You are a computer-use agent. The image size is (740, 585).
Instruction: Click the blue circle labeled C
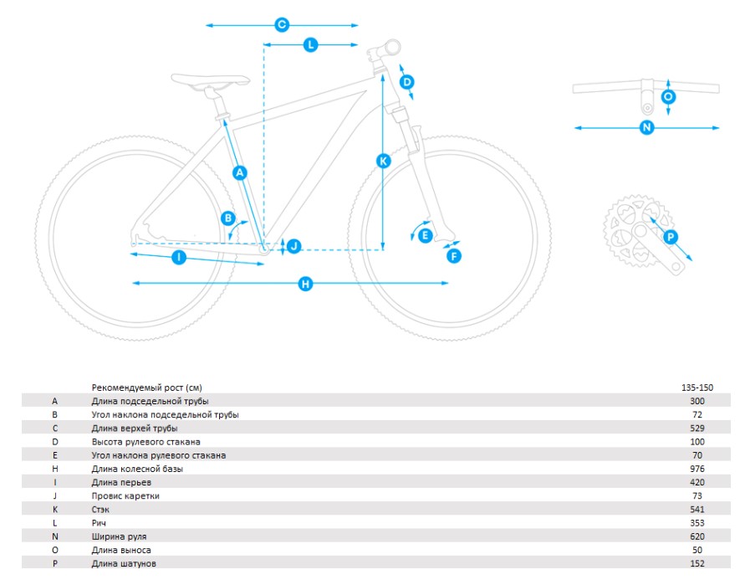[x=282, y=24]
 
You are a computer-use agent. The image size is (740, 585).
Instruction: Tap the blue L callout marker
[x=310, y=45]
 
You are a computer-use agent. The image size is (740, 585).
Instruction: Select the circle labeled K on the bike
[x=383, y=162]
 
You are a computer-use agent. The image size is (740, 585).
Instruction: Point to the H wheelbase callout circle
[x=306, y=284]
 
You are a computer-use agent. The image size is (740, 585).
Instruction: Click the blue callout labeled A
[x=240, y=172]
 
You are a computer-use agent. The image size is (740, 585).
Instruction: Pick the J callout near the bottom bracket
[x=294, y=246]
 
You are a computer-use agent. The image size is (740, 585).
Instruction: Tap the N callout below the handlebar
[x=646, y=127]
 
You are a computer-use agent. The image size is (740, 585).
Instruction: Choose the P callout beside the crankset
[x=671, y=237]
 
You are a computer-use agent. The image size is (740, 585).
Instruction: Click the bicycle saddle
[x=211, y=80]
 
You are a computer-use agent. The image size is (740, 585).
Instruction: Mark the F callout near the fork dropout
[x=454, y=256]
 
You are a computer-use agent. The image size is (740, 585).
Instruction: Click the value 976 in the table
[x=697, y=469]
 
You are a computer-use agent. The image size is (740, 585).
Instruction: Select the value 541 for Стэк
[x=697, y=510]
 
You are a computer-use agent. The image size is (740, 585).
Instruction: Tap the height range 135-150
[x=697, y=387]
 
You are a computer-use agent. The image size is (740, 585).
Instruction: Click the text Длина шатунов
[x=124, y=564]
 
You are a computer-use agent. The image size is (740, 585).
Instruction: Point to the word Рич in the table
[x=99, y=523]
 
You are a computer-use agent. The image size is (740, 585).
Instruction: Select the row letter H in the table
[x=55, y=469]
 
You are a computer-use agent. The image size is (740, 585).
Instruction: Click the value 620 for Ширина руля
[x=697, y=536]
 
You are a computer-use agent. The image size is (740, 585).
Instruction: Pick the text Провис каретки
[x=125, y=496]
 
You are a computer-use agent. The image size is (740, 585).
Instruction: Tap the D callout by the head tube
[x=407, y=82]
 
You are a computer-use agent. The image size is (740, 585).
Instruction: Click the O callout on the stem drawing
[x=668, y=97]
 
